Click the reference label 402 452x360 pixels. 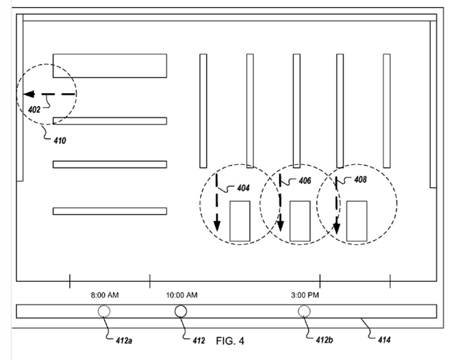(x=34, y=109)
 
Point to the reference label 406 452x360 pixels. (x=305, y=181)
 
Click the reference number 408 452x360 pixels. (x=360, y=180)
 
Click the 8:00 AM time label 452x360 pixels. (x=105, y=295)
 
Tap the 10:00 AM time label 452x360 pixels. (x=181, y=295)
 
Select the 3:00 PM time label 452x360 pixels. (x=304, y=295)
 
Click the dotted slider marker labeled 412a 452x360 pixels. (x=103, y=312)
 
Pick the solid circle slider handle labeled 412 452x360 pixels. (x=181, y=312)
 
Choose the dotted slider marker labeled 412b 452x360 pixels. (x=303, y=312)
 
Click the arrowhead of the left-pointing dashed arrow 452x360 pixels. (x=29, y=94)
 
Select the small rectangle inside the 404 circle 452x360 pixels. (x=240, y=221)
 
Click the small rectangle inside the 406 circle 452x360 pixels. (x=299, y=221)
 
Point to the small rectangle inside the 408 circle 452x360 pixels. (x=356, y=221)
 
